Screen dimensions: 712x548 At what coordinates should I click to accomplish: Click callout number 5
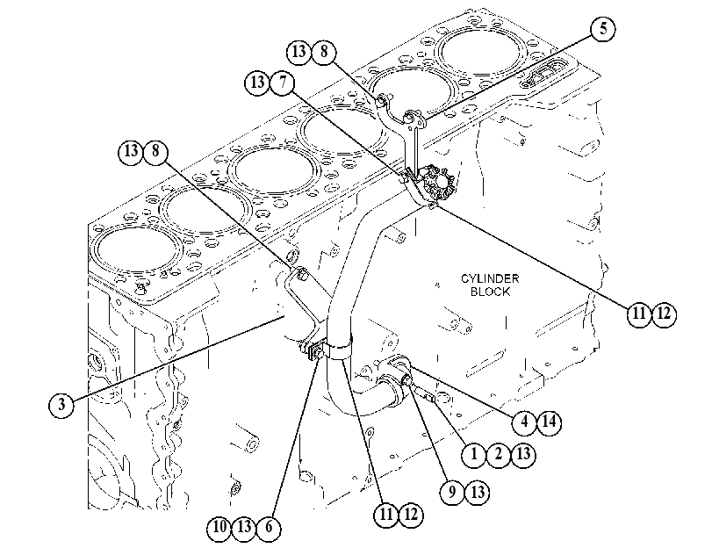click(603, 29)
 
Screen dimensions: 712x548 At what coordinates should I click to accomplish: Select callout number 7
click(283, 83)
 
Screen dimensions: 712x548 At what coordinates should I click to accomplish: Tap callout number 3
click(61, 404)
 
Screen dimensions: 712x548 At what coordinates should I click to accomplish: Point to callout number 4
click(524, 422)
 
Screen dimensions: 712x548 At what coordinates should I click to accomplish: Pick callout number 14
click(549, 422)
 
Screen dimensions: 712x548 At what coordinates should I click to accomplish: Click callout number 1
click(474, 454)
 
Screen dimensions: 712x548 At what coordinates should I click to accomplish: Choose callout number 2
click(499, 454)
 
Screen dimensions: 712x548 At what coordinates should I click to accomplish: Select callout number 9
click(452, 493)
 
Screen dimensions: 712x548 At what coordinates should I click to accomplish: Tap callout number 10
click(219, 527)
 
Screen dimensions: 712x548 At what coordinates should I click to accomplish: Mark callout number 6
click(269, 527)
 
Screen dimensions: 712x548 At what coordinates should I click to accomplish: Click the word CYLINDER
click(490, 278)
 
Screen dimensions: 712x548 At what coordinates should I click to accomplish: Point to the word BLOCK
click(490, 292)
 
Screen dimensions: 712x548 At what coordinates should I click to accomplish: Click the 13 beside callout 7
click(257, 83)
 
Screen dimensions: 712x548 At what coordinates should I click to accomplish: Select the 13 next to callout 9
click(478, 493)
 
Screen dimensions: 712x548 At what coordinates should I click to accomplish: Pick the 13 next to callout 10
click(244, 527)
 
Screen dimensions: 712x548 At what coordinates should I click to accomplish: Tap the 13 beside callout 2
click(523, 454)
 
